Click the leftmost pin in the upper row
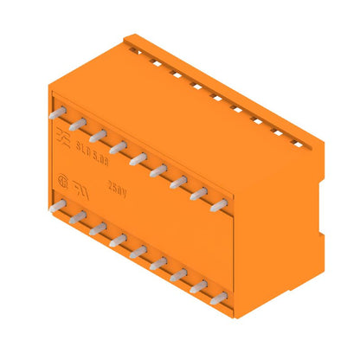click(57, 112)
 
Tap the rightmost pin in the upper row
click(220, 205)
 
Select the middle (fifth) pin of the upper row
click(138, 158)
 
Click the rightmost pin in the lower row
click(219, 299)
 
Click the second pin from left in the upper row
click(77, 124)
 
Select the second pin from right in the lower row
click(199, 287)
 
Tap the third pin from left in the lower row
click(98, 229)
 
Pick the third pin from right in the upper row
click(179, 182)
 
